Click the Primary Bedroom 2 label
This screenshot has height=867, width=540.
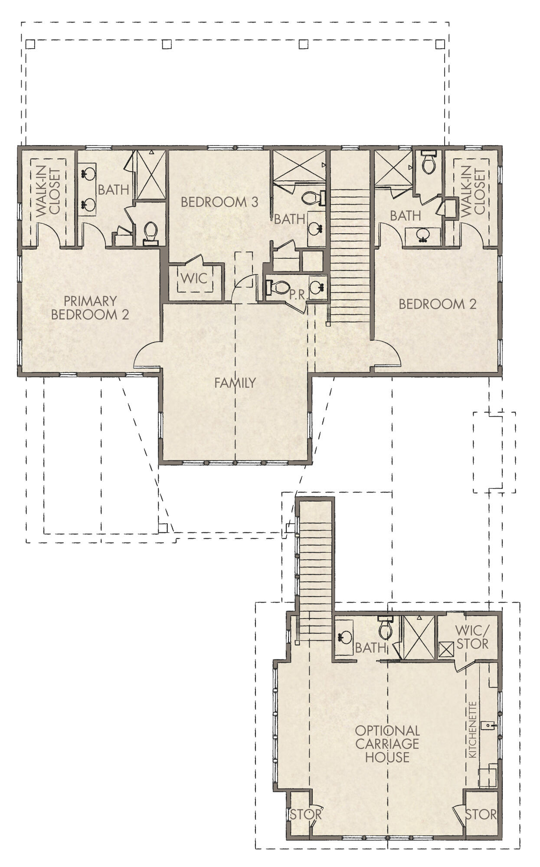click(x=90, y=307)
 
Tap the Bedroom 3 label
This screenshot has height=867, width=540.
click(x=219, y=202)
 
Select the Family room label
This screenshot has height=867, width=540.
click(x=235, y=383)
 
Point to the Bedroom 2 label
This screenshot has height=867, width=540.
click(x=437, y=304)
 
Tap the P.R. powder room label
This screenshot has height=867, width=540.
click(x=298, y=295)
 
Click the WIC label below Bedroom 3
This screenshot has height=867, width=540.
click(x=194, y=278)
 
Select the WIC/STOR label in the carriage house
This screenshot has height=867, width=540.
click(x=472, y=637)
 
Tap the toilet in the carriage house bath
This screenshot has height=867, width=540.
click(x=385, y=629)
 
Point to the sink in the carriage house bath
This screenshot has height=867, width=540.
click(x=345, y=637)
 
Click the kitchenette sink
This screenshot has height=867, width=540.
click(x=490, y=724)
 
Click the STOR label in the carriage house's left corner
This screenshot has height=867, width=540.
click(x=306, y=815)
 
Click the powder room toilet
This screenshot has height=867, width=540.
click(x=278, y=287)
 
